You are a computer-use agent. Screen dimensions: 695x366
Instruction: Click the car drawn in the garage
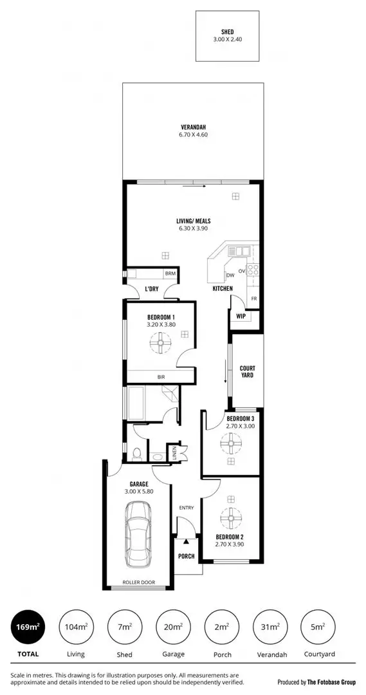tap(138, 533)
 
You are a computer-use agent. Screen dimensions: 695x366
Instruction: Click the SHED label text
tap(227, 32)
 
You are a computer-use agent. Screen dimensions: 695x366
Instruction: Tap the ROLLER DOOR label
tap(138, 583)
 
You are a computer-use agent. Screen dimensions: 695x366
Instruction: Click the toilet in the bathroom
tap(136, 455)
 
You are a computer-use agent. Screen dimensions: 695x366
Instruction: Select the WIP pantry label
tap(241, 317)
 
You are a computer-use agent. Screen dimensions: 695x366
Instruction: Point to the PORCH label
tap(187, 557)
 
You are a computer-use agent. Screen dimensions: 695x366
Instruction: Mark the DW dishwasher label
tap(230, 275)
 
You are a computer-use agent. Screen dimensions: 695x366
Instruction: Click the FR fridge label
tap(254, 299)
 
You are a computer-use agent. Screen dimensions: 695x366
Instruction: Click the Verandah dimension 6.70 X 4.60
tap(194, 135)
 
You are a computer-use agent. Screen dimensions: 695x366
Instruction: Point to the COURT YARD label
tap(248, 371)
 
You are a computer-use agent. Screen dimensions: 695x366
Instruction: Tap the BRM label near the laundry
tap(170, 273)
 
